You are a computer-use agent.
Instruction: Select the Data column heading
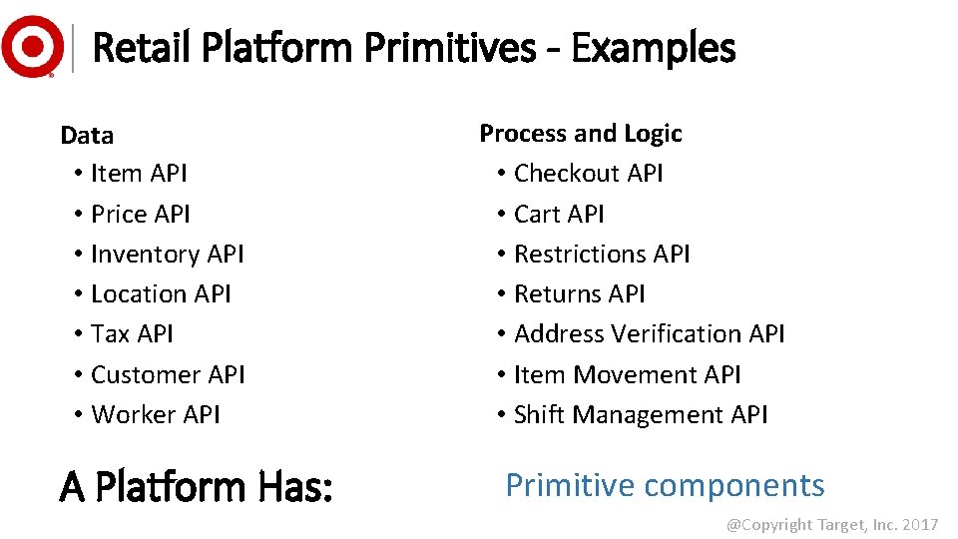(x=87, y=135)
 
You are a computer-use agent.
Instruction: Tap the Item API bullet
(x=139, y=174)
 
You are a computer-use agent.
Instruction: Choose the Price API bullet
(x=141, y=214)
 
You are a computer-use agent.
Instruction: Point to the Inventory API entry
(x=167, y=255)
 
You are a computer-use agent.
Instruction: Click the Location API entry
(x=161, y=294)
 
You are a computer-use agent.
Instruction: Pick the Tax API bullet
(x=132, y=334)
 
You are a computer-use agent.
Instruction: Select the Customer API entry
(x=168, y=374)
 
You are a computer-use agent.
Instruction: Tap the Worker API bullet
(x=156, y=414)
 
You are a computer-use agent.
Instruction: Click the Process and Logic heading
(x=581, y=134)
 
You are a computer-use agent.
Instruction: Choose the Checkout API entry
(x=588, y=174)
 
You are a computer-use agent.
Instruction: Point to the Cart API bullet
(x=559, y=214)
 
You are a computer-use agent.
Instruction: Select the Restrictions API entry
(x=602, y=255)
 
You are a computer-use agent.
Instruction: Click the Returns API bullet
(x=579, y=294)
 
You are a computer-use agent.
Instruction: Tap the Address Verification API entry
(x=649, y=334)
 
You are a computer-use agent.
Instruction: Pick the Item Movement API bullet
(x=627, y=374)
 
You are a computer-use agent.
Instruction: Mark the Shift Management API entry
(x=641, y=414)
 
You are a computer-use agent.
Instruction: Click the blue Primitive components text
(x=665, y=485)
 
